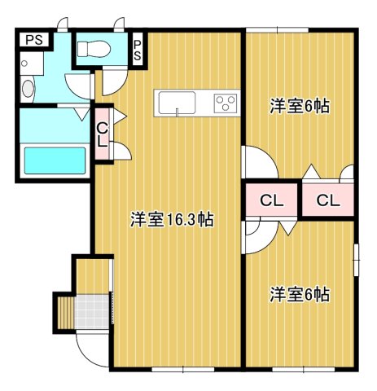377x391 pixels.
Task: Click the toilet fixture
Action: (x=90, y=49)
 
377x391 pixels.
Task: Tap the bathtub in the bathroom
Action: (x=55, y=160)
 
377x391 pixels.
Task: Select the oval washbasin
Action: (x=27, y=89)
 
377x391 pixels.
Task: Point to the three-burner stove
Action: (x=226, y=103)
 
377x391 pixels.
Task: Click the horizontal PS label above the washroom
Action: (x=33, y=38)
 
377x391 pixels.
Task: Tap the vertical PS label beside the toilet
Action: (x=137, y=51)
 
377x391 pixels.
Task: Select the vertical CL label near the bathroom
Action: (x=103, y=134)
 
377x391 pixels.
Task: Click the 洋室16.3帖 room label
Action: (x=172, y=219)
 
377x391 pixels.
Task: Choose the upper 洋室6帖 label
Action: (x=300, y=106)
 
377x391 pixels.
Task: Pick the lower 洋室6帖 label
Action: (x=300, y=294)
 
